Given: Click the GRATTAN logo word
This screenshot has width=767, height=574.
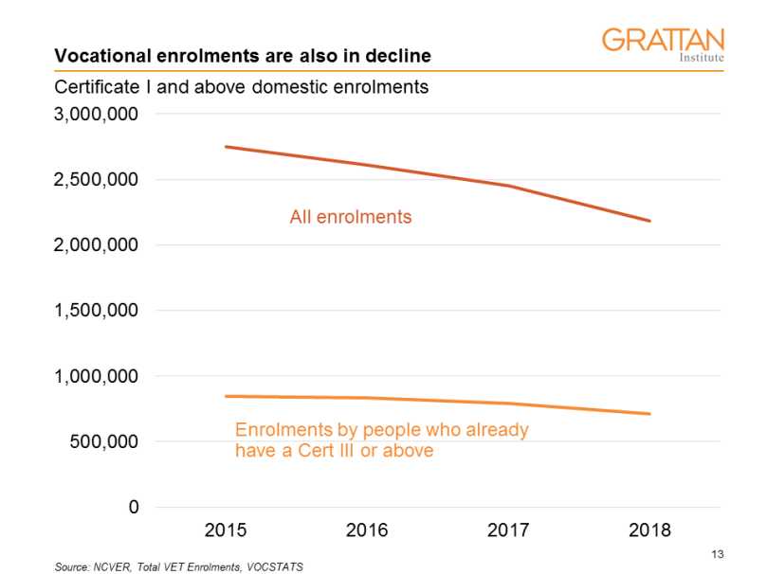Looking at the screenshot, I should pyautogui.click(x=663, y=40).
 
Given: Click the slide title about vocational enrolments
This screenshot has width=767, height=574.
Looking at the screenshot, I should pyautogui.click(x=243, y=56).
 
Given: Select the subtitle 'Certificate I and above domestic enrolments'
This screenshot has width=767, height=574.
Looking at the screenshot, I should pyautogui.click(x=242, y=87).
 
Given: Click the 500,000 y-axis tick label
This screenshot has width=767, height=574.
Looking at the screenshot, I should pyautogui.click(x=103, y=441).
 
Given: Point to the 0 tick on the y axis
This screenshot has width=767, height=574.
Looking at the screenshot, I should pyautogui.click(x=134, y=507).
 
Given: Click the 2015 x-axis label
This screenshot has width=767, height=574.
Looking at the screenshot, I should pyautogui.click(x=225, y=530).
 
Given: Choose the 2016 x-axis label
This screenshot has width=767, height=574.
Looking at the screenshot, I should pyautogui.click(x=366, y=530).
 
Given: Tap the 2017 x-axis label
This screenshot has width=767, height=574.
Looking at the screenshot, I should pyautogui.click(x=507, y=530).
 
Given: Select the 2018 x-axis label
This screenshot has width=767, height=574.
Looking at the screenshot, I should pyautogui.click(x=648, y=530).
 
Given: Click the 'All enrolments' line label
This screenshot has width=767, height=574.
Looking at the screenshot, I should pyautogui.click(x=350, y=217).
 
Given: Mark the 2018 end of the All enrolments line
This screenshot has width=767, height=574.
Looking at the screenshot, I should pyautogui.click(x=649, y=221).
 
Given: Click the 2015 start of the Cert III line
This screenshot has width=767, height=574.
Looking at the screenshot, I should pyautogui.click(x=226, y=396).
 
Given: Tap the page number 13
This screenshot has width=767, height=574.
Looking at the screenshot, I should pyautogui.click(x=717, y=554).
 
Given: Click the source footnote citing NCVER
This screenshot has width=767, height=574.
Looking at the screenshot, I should pyautogui.click(x=179, y=565).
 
